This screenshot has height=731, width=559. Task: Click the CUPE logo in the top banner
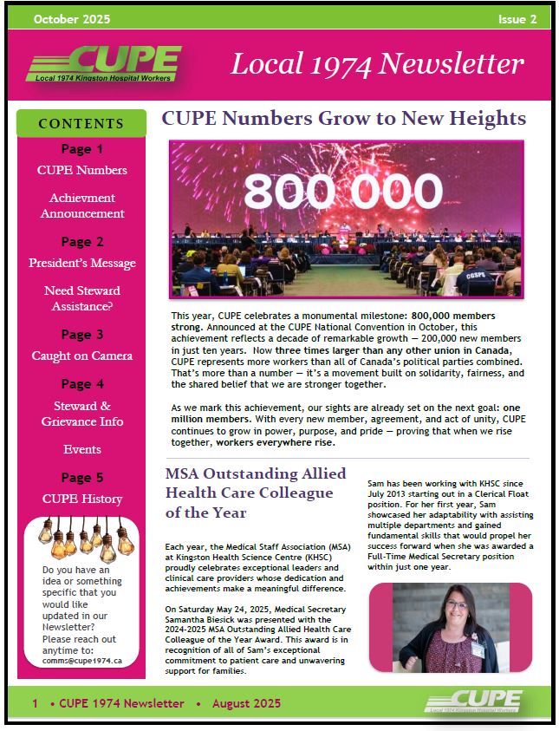click(x=102, y=63)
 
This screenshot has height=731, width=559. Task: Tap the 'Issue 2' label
click(x=517, y=19)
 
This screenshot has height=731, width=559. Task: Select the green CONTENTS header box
click(x=81, y=124)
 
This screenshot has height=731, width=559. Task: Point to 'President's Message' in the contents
click(x=82, y=263)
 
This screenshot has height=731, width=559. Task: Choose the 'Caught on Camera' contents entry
click(x=82, y=356)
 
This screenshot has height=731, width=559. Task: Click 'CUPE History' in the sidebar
click(x=82, y=499)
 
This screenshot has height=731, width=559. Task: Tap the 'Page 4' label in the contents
click(x=82, y=384)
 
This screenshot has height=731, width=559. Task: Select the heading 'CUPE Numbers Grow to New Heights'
click(x=343, y=119)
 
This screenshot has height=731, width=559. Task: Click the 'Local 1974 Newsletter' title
click(x=377, y=63)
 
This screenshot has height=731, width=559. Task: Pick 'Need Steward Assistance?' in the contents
click(x=82, y=297)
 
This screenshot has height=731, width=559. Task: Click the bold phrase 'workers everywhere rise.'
click(x=275, y=442)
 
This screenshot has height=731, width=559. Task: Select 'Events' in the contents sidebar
click(x=82, y=449)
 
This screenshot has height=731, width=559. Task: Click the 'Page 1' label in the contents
click(x=82, y=149)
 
